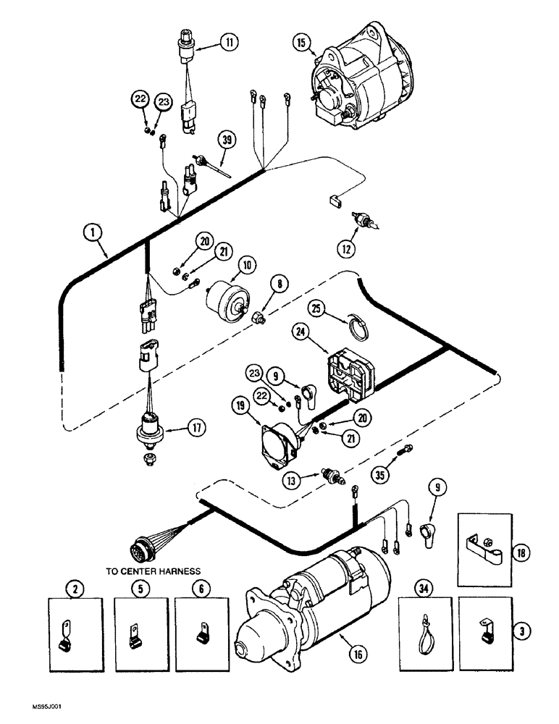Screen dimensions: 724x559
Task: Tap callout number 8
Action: coord(277,285)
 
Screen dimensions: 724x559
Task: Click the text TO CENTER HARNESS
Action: coord(153,571)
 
